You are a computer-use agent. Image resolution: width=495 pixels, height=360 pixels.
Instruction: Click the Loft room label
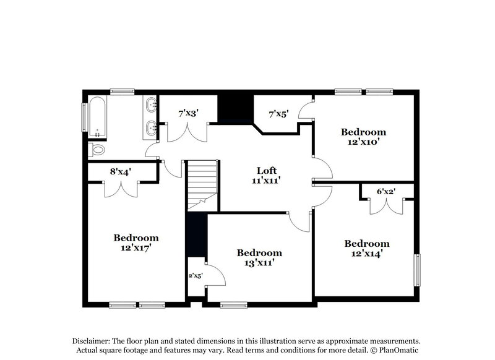tap(267, 170)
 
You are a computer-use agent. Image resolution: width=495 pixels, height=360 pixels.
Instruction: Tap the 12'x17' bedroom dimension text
tap(136, 247)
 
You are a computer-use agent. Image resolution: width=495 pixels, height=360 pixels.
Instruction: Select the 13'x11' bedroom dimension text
tap(259, 263)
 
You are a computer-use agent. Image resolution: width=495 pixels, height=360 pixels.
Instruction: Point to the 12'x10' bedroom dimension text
tap(364, 142)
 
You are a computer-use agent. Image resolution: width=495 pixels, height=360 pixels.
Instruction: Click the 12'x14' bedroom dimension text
tap(367, 254)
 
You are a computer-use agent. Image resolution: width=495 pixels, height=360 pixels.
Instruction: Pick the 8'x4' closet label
tap(121, 172)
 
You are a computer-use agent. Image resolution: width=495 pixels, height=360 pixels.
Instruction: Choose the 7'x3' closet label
tap(188, 114)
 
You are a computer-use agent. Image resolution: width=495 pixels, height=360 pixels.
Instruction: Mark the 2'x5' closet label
tap(196, 276)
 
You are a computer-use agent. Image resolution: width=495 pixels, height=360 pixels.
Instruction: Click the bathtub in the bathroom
tap(97, 117)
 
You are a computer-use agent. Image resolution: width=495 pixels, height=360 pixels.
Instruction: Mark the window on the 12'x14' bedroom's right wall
tap(418, 270)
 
